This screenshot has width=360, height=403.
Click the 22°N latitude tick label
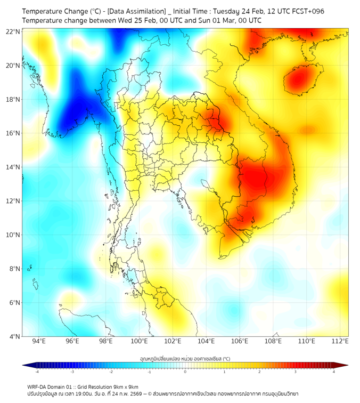point(13,31)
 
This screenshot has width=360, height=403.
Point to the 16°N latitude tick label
point(13,133)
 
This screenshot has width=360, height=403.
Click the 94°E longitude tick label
point(39,341)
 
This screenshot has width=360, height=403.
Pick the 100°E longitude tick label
point(140,341)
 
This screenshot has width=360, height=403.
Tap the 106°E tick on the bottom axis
point(240,341)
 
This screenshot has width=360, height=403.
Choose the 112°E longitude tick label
point(340,341)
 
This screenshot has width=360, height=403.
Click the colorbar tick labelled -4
point(36,372)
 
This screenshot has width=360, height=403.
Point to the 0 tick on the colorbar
point(185,372)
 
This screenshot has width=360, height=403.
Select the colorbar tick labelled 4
point(334,372)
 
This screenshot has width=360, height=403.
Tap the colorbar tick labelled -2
point(111,372)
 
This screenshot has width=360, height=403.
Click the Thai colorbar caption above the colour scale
point(185,359)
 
